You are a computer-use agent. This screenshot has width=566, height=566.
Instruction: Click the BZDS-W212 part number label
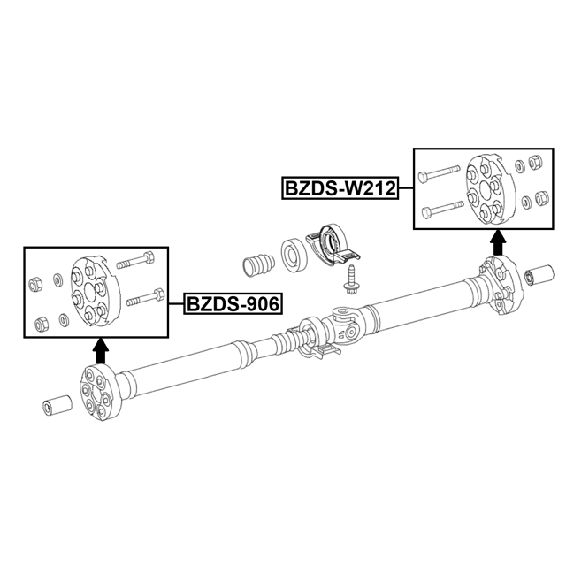[340, 188]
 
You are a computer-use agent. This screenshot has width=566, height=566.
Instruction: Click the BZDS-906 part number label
[233, 304]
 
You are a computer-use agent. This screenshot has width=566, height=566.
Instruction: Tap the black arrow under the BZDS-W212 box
[499, 242]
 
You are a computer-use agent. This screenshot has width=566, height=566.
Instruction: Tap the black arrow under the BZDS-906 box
[101, 351]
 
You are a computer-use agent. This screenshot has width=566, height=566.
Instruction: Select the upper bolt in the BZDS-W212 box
[439, 173]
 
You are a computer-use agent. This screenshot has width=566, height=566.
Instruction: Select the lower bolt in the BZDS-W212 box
[442, 209]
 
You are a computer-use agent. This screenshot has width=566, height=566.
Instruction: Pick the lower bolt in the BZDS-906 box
[145, 297]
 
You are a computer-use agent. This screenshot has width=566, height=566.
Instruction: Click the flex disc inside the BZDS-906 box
[96, 289]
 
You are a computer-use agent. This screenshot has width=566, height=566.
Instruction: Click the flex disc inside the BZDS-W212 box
[491, 188]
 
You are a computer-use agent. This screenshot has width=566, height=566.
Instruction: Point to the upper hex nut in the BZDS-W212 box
[534, 162]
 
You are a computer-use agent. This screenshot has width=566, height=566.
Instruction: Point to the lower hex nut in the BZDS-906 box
[42, 324]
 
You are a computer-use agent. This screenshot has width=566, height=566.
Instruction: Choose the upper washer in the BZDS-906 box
[57, 280]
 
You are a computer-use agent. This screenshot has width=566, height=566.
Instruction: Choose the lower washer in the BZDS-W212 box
[526, 203]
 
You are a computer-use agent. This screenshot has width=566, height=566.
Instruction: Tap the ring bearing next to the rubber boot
[294, 254]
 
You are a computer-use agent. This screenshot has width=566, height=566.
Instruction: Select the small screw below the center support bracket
[349, 280]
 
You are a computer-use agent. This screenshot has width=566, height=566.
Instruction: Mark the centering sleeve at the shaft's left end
[57, 406]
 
